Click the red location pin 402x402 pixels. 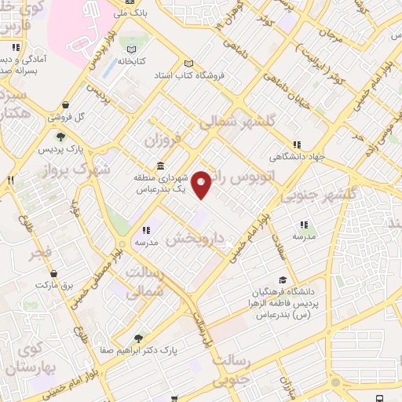[x=203, y=184]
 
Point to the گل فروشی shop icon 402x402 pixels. [x=65, y=104]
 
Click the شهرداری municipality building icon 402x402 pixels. [x=160, y=166]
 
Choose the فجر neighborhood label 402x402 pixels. [x=41, y=254]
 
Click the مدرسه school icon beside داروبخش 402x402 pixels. [x=146, y=231]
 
